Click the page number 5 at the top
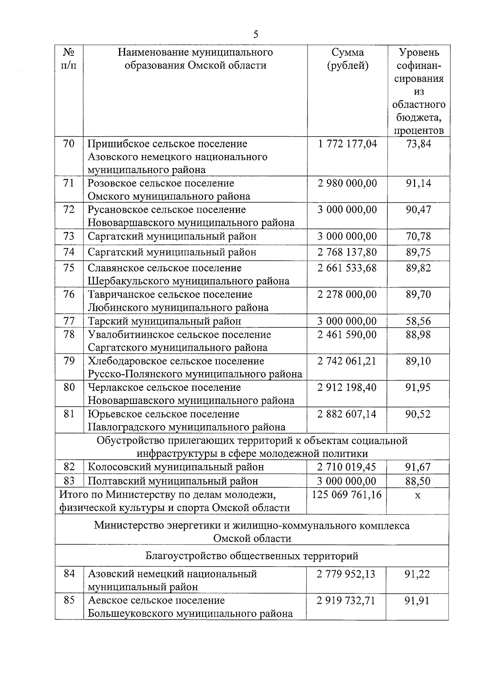(x=256, y=34)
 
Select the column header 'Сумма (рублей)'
(x=348, y=59)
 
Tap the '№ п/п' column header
(x=69, y=59)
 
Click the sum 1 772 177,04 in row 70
(x=348, y=144)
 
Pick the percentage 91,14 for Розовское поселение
(x=418, y=184)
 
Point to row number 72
(x=69, y=210)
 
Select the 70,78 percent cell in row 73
(x=418, y=236)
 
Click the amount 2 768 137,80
(x=348, y=252)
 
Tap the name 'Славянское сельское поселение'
(x=165, y=268)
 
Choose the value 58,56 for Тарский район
(x=418, y=321)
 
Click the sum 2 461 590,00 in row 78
(x=348, y=335)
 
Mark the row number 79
(x=69, y=361)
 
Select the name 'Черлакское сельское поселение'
(x=164, y=387)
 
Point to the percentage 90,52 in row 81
(x=418, y=414)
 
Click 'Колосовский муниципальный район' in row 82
(x=176, y=467)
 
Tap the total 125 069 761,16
(x=347, y=495)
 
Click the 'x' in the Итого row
(x=418, y=495)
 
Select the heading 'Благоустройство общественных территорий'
(x=252, y=556)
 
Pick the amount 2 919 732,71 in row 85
(x=346, y=601)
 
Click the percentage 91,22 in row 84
(x=417, y=574)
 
